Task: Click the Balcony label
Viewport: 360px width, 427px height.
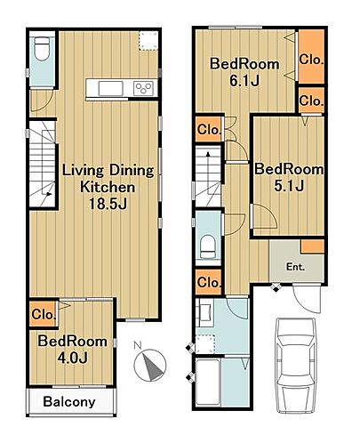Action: click(69, 402)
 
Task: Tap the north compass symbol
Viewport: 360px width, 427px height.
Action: click(149, 364)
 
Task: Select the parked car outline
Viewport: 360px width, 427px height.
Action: click(296, 366)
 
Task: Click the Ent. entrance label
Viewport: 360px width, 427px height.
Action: click(295, 267)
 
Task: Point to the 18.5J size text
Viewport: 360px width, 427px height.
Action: click(108, 204)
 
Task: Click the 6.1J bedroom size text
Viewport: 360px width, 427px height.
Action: click(244, 80)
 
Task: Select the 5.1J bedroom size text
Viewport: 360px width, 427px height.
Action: click(289, 186)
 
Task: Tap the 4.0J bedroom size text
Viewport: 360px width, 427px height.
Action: click(73, 358)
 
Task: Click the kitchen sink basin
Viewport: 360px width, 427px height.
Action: click(110, 88)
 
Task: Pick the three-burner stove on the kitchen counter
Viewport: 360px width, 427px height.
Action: click(143, 88)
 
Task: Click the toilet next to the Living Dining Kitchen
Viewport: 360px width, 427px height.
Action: click(42, 49)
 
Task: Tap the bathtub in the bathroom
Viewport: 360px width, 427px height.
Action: click(208, 382)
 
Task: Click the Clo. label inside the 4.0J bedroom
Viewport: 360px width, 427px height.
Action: click(44, 314)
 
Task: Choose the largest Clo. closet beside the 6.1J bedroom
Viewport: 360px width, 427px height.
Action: click(311, 57)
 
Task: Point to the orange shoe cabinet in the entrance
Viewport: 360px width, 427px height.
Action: click(313, 246)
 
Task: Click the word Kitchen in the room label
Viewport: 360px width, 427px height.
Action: click(108, 187)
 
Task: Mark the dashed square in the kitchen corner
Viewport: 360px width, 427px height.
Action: click(148, 40)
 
